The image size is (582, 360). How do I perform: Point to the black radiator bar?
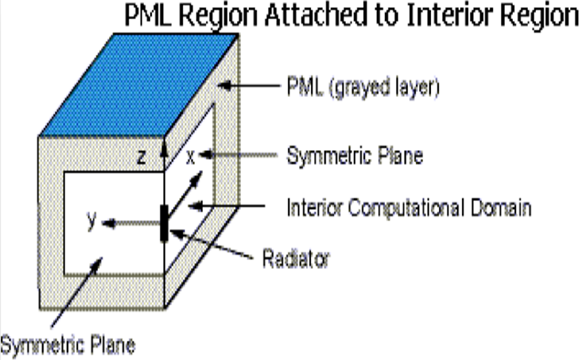click(165, 222)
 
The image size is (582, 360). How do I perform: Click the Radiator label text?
click(297, 258)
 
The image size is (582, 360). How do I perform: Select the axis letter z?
click(141, 157)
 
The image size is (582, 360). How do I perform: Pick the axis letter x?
click(190, 157)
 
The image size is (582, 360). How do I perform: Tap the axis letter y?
click(92, 221)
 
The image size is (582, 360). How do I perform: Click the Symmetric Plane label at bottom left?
click(67, 345)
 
